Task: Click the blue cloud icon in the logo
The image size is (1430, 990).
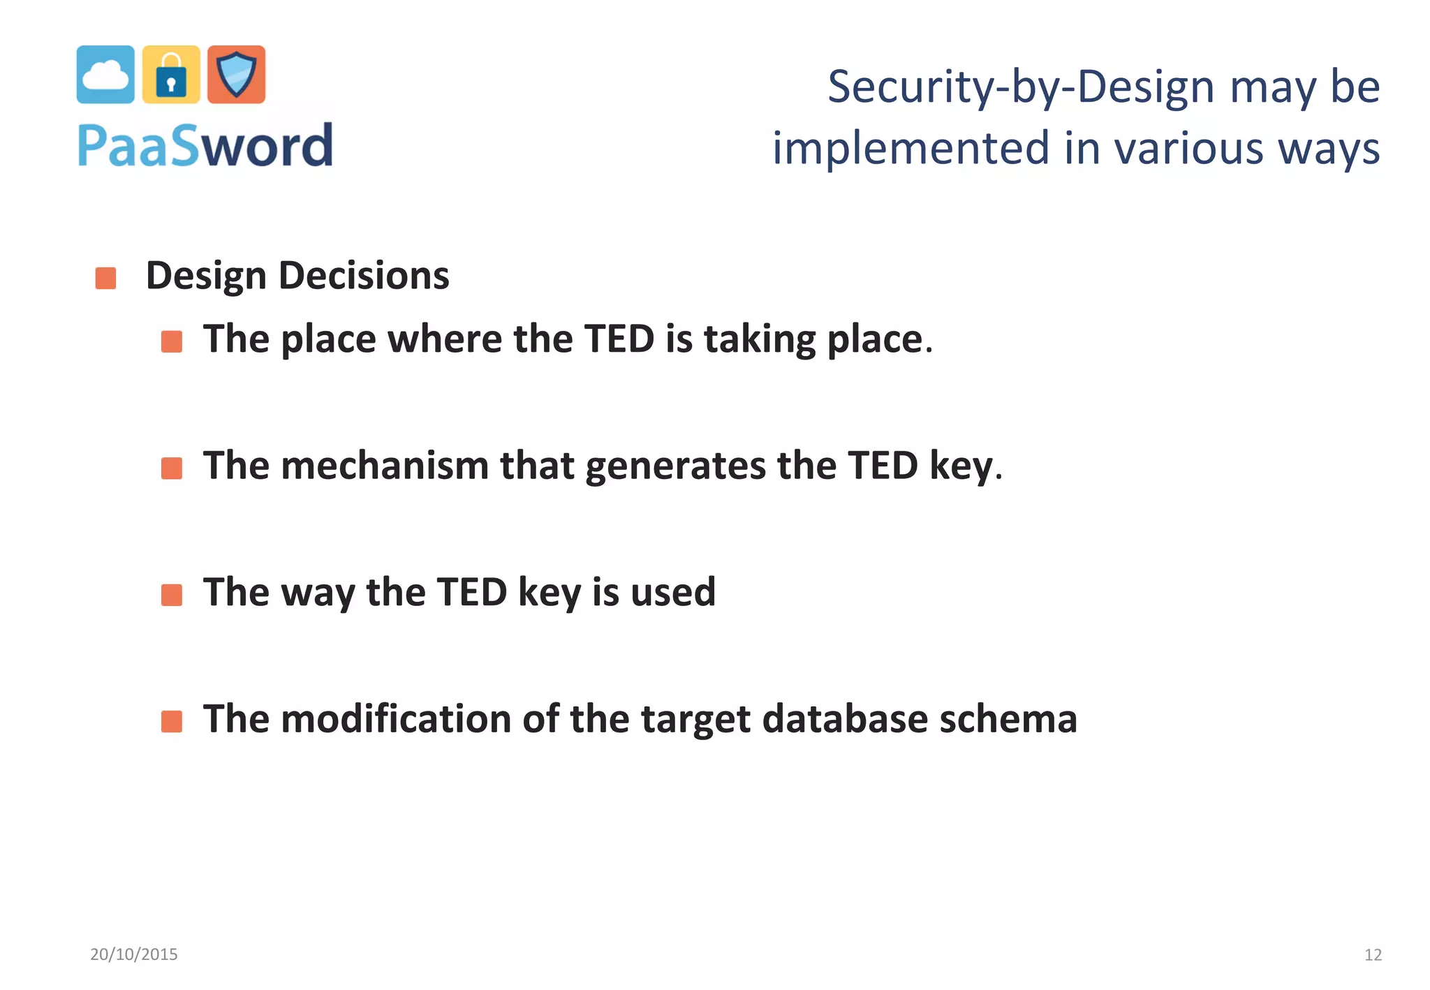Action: [x=105, y=75]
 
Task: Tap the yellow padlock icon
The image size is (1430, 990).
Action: [x=171, y=75]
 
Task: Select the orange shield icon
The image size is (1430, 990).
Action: [x=237, y=75]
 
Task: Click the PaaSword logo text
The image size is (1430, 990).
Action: [x=205, y=146]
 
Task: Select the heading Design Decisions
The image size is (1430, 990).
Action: [x=297, y=275]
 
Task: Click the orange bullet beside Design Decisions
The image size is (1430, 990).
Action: [x=105, y=278]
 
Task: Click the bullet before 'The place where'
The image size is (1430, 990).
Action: [x=172, y=341]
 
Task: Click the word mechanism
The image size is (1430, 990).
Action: [x=385, y=466]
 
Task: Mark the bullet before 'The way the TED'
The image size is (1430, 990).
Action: [x=172, y=595]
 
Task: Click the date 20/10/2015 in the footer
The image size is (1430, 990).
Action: [x=134, y=954]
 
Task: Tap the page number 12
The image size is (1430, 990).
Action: [x=1373, y=954]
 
